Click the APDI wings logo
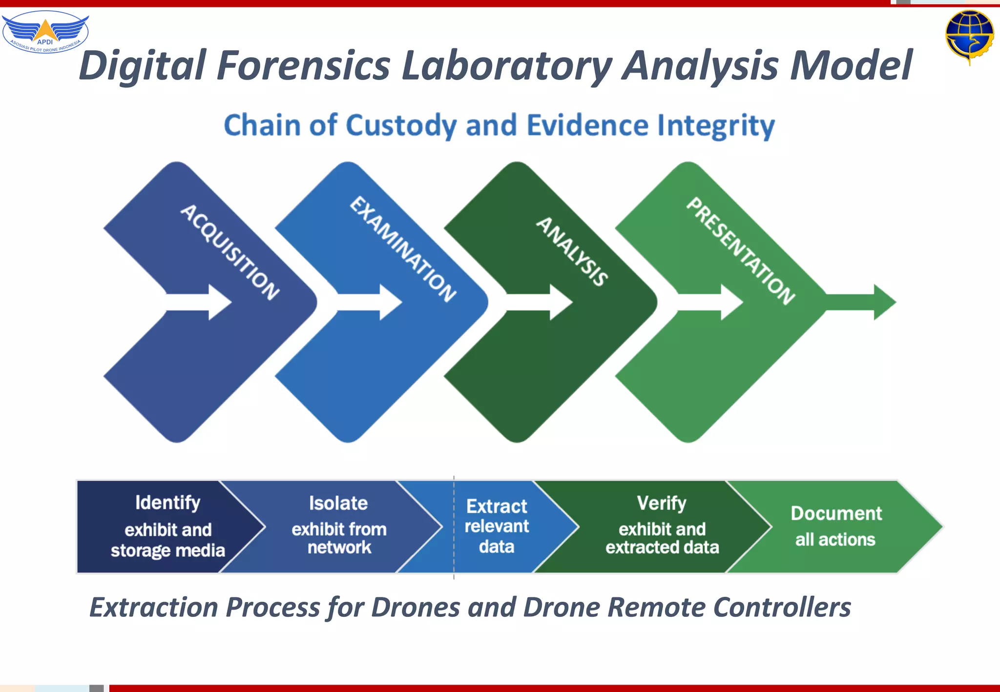tap(45, 32)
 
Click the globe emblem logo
tap(969, 36)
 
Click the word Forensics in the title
tap(304, 66)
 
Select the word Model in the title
tap(851, 66)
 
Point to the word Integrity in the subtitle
tap(716, 126)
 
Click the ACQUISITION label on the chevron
tap(229, 252)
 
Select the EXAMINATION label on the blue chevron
tap(403, 249)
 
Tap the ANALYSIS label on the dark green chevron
tap(572, 251)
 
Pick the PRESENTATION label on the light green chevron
tap(741, 251)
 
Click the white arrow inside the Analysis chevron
tap(539, 302)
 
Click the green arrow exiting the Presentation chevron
tap(862, 302)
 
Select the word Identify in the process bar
tap(167, 503)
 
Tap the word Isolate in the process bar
tap(338, 503)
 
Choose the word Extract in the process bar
tap(497, 507)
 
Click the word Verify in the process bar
tap(662, 503)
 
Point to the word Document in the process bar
tap(836, 513)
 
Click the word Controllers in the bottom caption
tap(782, 608)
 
